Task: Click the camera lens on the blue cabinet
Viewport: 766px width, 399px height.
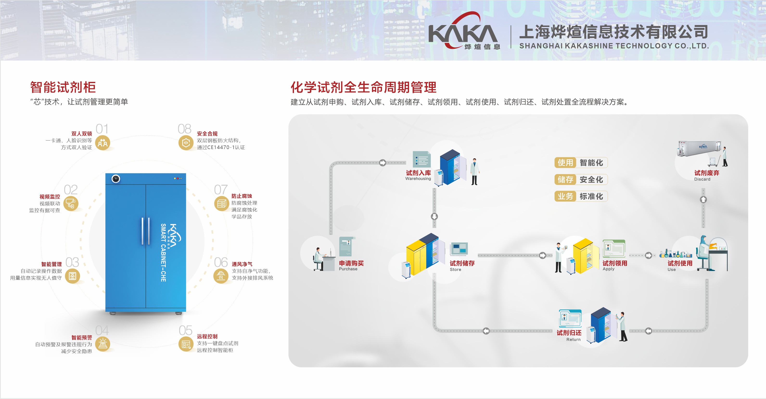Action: [116, 179]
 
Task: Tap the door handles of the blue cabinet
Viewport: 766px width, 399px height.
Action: [145, 231]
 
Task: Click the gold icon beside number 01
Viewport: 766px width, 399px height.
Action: [102, 143]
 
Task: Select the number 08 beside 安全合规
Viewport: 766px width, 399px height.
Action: [184, 129]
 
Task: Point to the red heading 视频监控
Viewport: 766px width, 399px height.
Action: [50, 197]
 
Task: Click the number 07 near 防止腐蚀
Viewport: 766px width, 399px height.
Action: [221, 190]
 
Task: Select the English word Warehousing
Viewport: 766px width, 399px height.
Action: [418, 178]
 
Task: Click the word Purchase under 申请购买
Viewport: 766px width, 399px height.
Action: [348, 269]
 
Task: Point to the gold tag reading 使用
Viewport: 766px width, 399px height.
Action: [565, 163]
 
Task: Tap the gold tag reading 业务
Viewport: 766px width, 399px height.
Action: [565, 196]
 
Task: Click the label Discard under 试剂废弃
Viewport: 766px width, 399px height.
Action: [702, 179]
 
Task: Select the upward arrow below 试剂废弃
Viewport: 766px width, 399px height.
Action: [703, 199]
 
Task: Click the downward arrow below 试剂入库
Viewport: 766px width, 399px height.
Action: [434, 216]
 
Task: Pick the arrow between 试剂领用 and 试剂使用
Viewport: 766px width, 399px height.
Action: [649, 255]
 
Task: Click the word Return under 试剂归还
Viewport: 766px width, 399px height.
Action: [573, 340]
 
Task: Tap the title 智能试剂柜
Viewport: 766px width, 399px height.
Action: [63, 87]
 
